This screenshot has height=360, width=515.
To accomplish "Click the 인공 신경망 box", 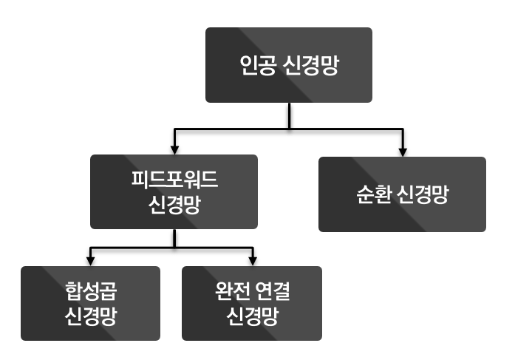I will pyautogui.click(x=288, y=65).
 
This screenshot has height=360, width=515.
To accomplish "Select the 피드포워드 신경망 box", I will pyautogui.click(x=174, y=191).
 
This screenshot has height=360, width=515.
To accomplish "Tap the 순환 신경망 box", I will pyautogui.click(x=402, y=194).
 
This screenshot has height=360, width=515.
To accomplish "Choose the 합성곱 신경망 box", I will pyautogui.click(x=90, y=303).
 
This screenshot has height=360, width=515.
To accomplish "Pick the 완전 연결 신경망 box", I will pyautogui.click(x=252, y=303).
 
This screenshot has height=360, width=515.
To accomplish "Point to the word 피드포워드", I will pyautogui.click(x=174, y=180).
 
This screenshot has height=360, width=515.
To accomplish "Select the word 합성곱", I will pyautogui.click(x=90, y=291).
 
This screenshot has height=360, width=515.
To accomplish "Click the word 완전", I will pyautogui.click(x=227, y=291).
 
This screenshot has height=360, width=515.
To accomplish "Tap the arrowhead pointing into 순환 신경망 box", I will pyautogui.click(x=402, y=152).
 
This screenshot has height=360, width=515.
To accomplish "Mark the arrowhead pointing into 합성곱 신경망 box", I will pyautogui.click(x=90, y=261).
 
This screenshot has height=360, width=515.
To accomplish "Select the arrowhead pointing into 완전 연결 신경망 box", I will pyautogui.click(x=252, y=261).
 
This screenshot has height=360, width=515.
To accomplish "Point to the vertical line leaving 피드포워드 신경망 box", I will pyautogui.click(x=174, y=238).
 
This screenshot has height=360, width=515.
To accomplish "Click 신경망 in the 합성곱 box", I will pyautogui.click(x=90, y=316).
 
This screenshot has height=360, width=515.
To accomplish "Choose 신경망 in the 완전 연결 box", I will pyautogui.click(x=252, y=316).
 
